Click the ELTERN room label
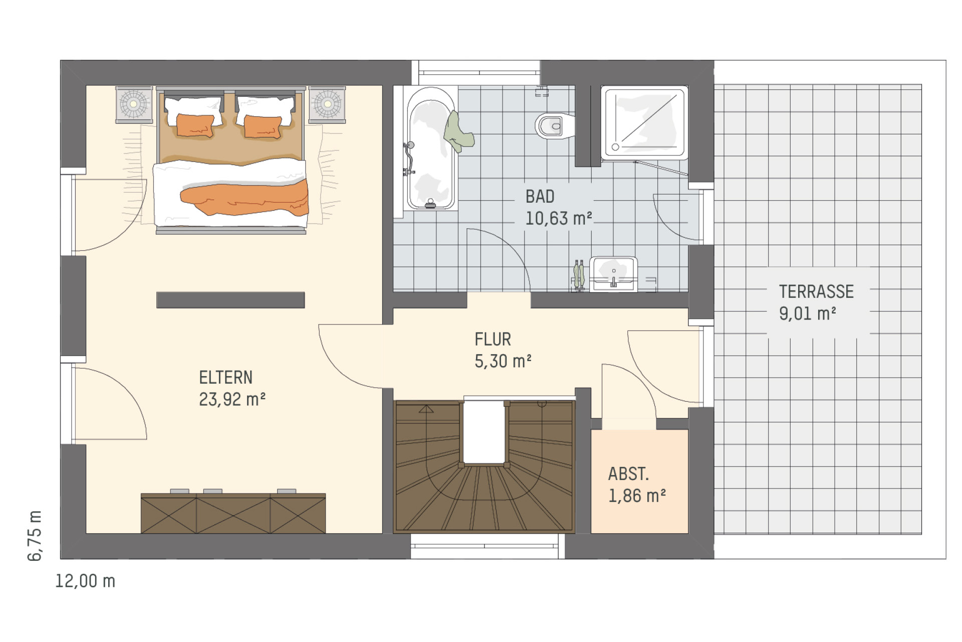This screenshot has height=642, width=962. tap(225, 378)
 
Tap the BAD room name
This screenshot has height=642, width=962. tap(540, 197)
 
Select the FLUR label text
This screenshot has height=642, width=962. tap(493, 340)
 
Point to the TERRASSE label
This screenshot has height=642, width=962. tap(816, 291)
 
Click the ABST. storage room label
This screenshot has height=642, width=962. tap(628, 474)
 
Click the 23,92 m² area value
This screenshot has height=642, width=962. tap(232, 399)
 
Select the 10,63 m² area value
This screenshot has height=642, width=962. tap(559, 218)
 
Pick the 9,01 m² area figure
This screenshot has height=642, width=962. tap(807, 313)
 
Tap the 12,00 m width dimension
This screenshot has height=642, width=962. tap(85, 581)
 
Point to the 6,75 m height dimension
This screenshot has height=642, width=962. tap(35, 535)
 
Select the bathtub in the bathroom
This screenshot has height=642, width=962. tap(431, 148)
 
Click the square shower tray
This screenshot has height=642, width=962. tap(644, 123)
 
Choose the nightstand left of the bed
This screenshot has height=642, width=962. tap(134, 104)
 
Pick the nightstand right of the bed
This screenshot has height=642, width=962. tap(327, 104)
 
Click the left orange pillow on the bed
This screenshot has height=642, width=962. tap(195, 125)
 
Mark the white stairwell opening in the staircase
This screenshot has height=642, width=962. tap(484, 432)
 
